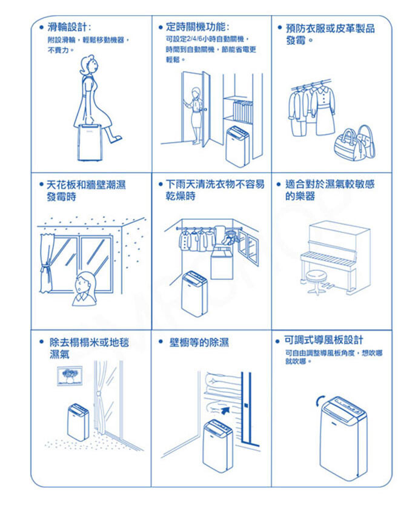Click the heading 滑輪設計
pos(67,27)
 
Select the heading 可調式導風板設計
pos(323,340)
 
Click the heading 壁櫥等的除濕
pos(199,342)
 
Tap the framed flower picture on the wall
pos(70,375)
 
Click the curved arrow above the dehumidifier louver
pos(319,401)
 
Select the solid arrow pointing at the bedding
pos(226,410)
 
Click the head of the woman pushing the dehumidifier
pos(88,66)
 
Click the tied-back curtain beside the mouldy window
pos(46,263)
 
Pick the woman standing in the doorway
pos(196,114)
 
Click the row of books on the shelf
pos(243,111)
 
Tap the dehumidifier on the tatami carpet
pos(78,422)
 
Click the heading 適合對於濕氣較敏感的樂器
pos(330,190)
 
